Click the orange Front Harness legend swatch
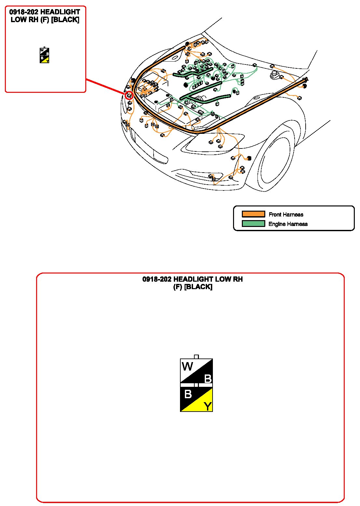pyautogui.click(x=253, y=214)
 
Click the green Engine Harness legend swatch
pyautogui.click(x=253, y=223)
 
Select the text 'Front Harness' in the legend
pyautogui.click(x=286, y=214)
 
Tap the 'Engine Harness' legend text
pyautogui.click(x=288, y=224)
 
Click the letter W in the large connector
pyautogui.click(x=187, y=366)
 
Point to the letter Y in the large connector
pyautogui.click(x=208, y=406)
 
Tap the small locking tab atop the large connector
pyautogui.click(x=196, y=357)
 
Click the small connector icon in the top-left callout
pyautogui.click(x=44, y=55)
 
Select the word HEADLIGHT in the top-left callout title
pyautogui.click(x=60, y=12)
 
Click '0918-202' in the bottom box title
pyautogui.click(x=157, y=279)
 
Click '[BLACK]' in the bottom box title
pyautogui.click(x=198, y=287)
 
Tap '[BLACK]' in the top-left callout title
pyautogui.click(x=65, y=20)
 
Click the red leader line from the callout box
pyautogui.click(x=105, y=86)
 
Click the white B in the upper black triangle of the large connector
pyautogui.click(x=208, y=379)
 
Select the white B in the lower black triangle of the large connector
pyautogui.click(x=188, y=394)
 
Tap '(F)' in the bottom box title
pyautogui.click(x=178, y=287)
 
